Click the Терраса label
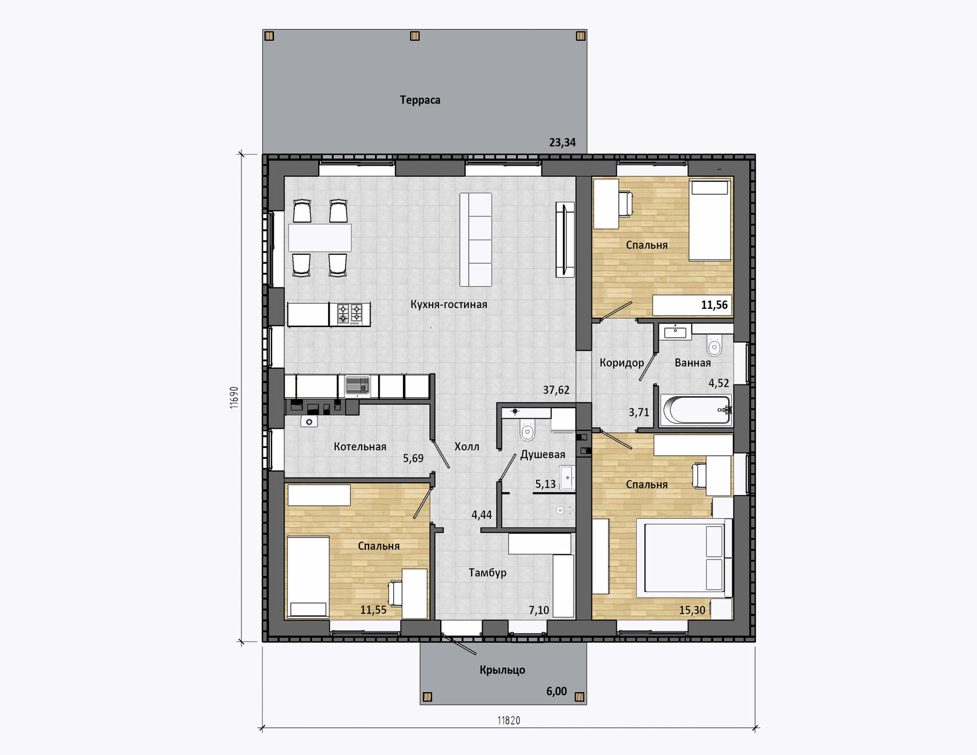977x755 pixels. pos(420,100)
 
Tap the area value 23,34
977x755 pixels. pos(562,143)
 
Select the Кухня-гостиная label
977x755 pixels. pos(449,304)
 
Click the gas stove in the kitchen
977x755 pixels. pos(350,314)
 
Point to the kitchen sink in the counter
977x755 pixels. pos(357,386)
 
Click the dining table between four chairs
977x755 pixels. pos(320,238)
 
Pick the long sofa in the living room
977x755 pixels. pos(476,240)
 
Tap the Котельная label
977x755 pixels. pos(360,447)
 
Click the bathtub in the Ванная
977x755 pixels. pos(696,410)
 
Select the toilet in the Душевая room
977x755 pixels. pos(527,430)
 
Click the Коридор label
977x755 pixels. pos(622,363)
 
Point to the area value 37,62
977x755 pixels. pos(556,390)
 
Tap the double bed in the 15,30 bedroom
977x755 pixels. pos(684,558)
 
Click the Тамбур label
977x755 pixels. pos(487,573)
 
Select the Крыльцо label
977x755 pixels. pos(502,670)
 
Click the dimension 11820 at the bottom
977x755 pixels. pos(509,721)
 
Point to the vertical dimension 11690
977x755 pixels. pos(234,398)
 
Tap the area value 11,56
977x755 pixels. pos(714,305)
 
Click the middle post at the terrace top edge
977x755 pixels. pos(415,36)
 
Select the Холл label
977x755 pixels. pos(467,447)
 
